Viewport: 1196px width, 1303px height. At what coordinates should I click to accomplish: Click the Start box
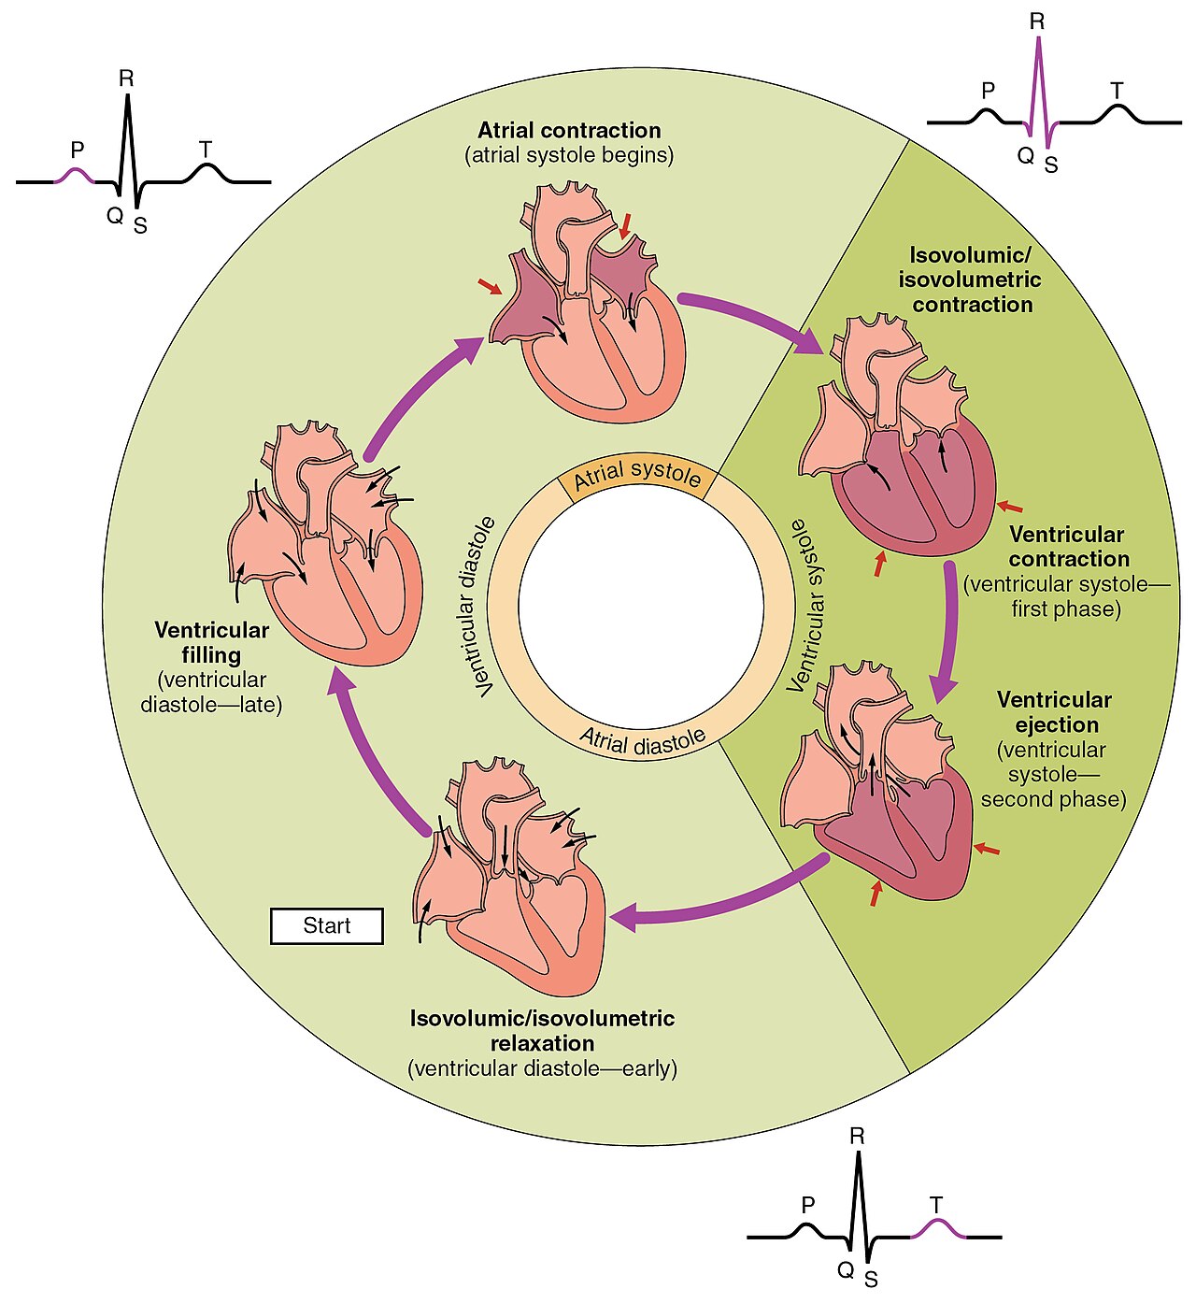tap(326, 925)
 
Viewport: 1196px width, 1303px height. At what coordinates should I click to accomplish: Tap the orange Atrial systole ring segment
tap(637, 476)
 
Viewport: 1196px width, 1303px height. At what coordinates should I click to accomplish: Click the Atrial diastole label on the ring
tap(642, 740)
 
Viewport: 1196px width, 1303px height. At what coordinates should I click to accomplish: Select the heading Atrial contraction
tap(569, 130)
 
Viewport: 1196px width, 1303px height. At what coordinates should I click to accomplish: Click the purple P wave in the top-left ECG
tap(74, 175)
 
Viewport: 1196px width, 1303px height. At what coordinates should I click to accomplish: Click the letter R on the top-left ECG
tap(126, 79)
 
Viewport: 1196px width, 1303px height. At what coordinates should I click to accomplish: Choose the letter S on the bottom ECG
tap(871, 1280)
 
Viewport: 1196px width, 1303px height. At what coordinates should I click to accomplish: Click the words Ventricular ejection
tap(1055, 712)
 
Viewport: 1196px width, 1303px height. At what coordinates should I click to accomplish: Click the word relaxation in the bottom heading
tap(542, 1043)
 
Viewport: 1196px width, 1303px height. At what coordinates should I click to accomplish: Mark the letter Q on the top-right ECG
tap(1025, 155)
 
